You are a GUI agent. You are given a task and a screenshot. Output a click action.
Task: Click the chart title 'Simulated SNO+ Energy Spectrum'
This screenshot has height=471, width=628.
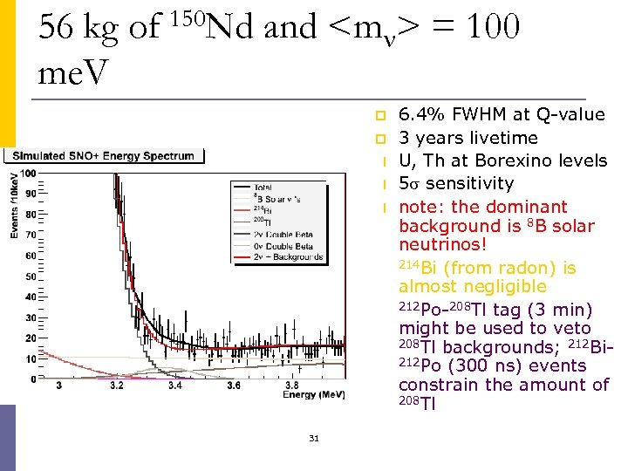102,156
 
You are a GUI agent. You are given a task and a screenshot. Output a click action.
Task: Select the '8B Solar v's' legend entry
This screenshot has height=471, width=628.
276,198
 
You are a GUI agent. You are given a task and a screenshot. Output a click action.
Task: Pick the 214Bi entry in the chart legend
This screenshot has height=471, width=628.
263,210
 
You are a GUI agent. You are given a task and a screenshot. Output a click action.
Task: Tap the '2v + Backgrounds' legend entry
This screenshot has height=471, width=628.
289,257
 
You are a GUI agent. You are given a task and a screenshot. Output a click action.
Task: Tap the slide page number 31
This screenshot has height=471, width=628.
313,438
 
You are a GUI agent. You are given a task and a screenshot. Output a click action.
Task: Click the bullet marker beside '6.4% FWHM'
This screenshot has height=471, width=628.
380,115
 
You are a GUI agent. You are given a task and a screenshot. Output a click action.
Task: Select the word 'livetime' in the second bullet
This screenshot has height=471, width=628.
506,138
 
